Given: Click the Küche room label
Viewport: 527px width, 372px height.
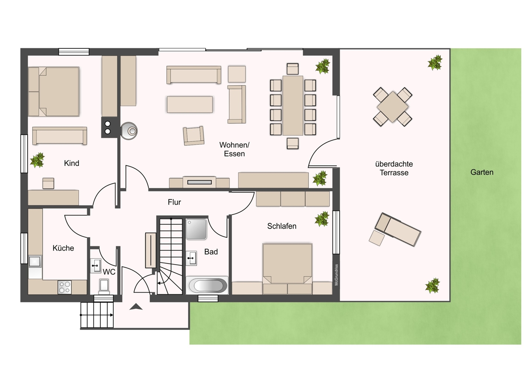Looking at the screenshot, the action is click(63, 248).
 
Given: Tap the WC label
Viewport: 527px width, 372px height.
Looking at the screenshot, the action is click(109, 272).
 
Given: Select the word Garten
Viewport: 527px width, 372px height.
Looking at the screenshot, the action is click(482, 172).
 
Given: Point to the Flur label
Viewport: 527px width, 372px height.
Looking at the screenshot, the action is click(174, 202).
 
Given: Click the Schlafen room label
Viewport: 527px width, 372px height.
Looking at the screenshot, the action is click(282, 226).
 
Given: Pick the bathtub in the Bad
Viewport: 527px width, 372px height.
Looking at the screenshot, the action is click(207, 285).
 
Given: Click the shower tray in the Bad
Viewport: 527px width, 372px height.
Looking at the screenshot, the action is click(196, 229).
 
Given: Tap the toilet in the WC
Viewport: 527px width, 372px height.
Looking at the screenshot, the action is click(104, 287).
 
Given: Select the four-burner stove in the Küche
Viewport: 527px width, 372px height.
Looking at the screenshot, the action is click(64, 287).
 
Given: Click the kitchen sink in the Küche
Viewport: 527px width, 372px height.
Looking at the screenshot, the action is click(35, 261).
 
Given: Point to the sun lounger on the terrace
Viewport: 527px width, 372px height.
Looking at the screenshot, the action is click(398, 229).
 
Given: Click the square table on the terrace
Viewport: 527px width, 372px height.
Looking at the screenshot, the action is click(393, 107).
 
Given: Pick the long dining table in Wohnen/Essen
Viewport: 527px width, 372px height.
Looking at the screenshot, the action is click(293, 105).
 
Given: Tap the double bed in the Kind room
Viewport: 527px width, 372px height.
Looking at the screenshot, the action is click(53, 92).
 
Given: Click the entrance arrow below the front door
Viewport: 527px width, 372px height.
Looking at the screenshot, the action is click(136, 307).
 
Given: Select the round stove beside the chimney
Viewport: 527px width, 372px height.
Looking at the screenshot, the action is click(129, 131).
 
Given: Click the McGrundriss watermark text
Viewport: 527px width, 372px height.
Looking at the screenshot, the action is click(336, 275).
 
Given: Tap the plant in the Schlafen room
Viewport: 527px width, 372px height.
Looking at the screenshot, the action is click(322, 219).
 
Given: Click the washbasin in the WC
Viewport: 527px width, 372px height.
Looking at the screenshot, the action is click(96, 266).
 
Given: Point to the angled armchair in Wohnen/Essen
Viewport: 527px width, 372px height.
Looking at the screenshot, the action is click(193, 136).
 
